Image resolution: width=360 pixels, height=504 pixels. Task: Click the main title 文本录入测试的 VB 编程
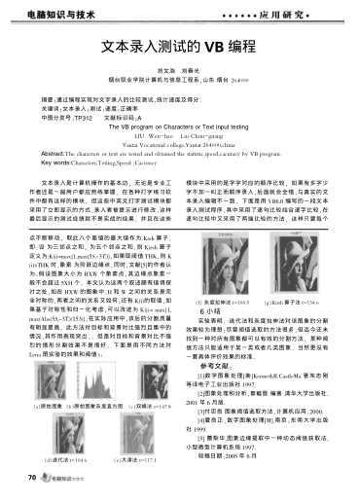tap(179, 46)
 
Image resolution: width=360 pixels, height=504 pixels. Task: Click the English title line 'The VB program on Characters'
tap(179, 126)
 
